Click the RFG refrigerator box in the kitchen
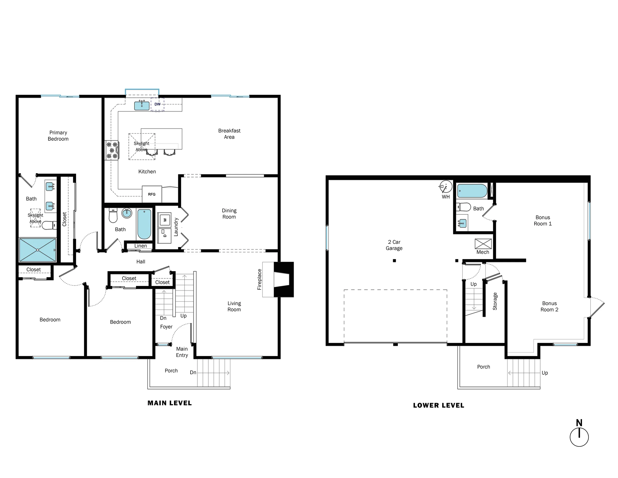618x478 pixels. tap(152, 194)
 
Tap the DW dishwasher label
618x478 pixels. tap(157, 104)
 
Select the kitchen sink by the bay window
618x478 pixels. tap(141, 106)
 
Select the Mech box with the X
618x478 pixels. tap(483, 244)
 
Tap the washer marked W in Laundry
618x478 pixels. tap(164, 220)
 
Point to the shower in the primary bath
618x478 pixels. tap(38, 250)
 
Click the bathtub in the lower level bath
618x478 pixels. tap(472, 191)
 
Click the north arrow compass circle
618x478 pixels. tap(579, 437)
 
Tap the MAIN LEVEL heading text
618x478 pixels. tap(169, 403)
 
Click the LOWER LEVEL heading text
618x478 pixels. tap(439, 405)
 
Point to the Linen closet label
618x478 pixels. tap(140, 246)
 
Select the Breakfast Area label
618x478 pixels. tap(229, 134)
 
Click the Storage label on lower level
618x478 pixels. tap(495, 301)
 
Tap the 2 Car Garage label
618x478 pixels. tap(394, 245)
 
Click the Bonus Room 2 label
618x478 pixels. tap(549, 306)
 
